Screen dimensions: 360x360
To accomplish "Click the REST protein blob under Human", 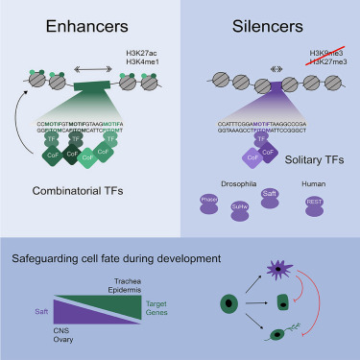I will point(313,204).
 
